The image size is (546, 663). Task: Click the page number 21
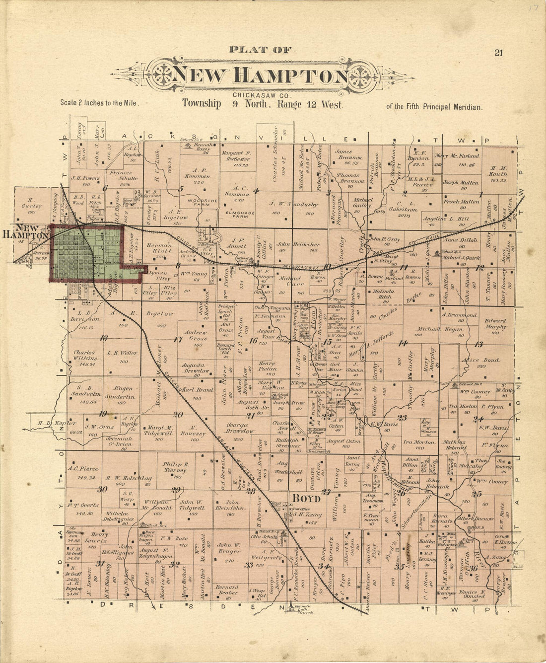click(498, 53)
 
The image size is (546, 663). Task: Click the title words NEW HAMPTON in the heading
click(260, 76)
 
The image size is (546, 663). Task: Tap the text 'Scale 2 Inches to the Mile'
click(98, 103)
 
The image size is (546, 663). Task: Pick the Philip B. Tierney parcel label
click(175, 467)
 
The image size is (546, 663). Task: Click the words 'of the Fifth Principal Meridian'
click(433, 106)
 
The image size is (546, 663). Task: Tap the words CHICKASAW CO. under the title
click(260, 95)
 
